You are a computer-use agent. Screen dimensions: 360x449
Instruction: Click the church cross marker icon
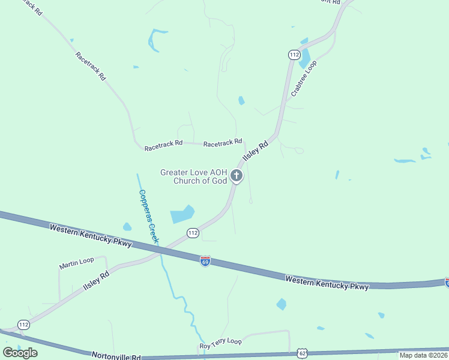coord(237,176)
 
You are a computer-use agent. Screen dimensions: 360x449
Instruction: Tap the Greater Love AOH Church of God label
coord(193,176)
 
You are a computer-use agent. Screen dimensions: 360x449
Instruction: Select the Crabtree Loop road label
coord(303,79)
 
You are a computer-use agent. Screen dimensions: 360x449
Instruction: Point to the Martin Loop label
coord(76,262)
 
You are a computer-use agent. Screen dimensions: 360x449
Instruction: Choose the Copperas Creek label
coord(149,216)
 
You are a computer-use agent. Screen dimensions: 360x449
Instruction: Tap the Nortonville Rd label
coord(116,356)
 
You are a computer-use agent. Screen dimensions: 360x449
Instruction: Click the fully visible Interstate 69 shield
coord(205,262)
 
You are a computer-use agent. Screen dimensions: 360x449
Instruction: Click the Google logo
coord(20,353)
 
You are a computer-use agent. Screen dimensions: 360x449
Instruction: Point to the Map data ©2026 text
coord(424,355)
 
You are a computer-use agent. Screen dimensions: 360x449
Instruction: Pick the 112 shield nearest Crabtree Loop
coord(293,55)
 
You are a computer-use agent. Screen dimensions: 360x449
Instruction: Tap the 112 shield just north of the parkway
coord(192,232)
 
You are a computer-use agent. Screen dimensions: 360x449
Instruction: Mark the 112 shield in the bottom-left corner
coord(23,325)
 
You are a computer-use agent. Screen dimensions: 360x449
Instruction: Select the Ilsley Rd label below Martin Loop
coord(96,283)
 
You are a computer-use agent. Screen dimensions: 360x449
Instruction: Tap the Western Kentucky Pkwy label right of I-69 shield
coord(327,283)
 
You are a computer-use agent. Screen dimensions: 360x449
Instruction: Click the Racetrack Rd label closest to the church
coord(222,144)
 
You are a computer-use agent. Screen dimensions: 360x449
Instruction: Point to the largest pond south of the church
coord(182,214)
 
